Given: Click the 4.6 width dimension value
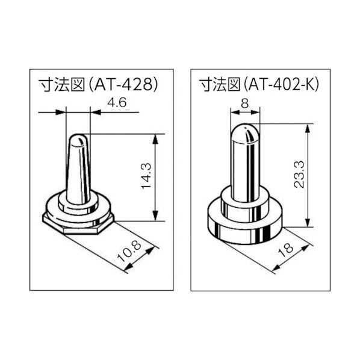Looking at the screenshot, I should (x=116, y=103).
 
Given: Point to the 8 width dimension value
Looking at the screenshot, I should (x=244, y=103).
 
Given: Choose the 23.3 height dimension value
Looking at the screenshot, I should (x=297, y=174).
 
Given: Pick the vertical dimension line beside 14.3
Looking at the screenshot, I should (x=157, y=178).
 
